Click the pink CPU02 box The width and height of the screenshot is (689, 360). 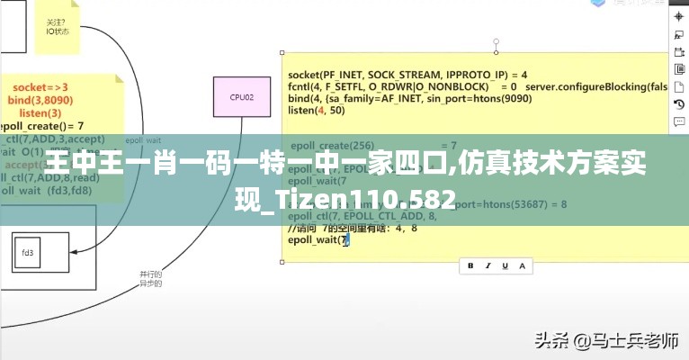pos(241,96)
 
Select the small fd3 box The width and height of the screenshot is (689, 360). pos(28,253)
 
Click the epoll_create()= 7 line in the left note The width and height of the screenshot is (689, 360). pos(42,126)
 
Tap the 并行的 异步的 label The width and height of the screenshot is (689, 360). pos(150,278)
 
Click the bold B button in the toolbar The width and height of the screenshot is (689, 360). pos(470,265)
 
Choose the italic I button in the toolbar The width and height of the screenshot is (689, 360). pos(488,265)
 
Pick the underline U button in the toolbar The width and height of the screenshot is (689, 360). pos(505,265)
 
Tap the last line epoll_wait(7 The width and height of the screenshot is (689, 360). pos(318,240)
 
